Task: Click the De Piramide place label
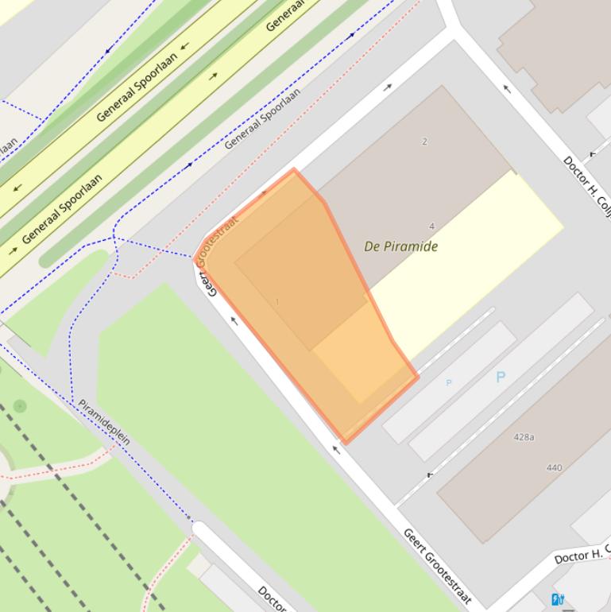click(x=400, y=246)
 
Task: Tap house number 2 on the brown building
click(x=424, y=141)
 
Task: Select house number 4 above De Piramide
click(x=431, y=227)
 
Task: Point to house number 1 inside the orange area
click(x=277, y=302)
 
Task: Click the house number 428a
click(x=524, y=437)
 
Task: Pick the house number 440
click(x=554, y=467)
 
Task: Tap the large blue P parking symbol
click(x=501, y=378)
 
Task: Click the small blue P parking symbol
click(x=448, y=383)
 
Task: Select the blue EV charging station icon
click(x=557, y=599)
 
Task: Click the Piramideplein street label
click(x=104, y=421)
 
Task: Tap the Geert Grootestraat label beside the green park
click(x=438, y=566)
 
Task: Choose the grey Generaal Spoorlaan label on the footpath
click(x=262, y=118)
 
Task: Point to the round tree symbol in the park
click(x=20, y=406)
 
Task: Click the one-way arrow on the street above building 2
click(x=388, y=87)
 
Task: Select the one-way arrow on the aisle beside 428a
click(x=430, y=475)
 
